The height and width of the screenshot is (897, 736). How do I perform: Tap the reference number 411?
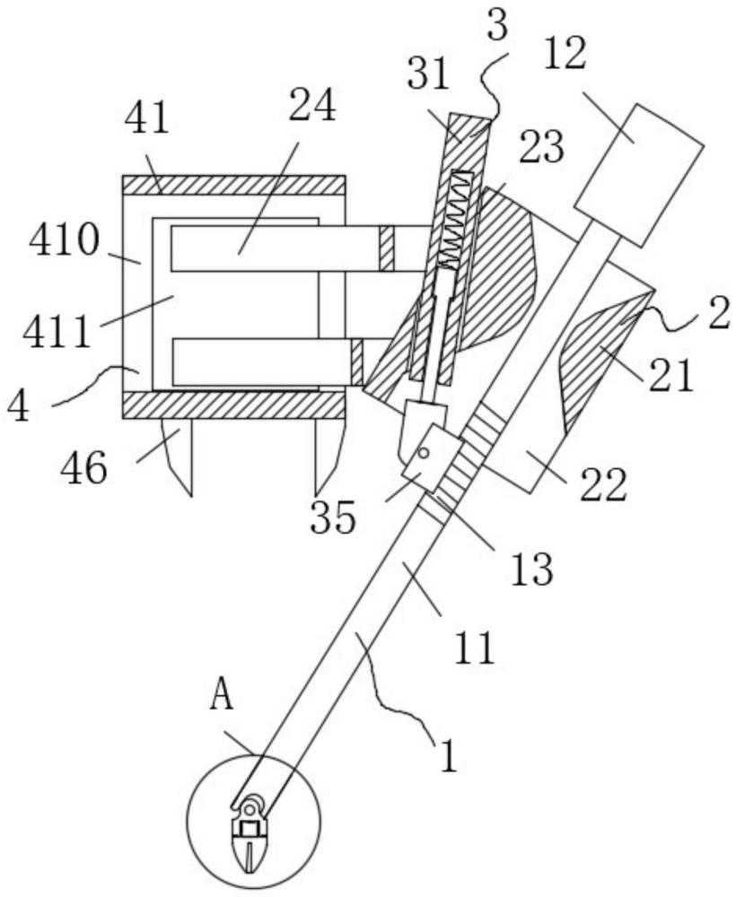pyautogui.click(x=57, y=333)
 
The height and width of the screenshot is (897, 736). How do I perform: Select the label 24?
pyautogui.click(x=311, y=105)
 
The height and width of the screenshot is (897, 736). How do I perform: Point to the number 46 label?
pyautogui.click(x=84, y=467)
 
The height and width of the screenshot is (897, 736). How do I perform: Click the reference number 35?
pyautogui.click(x=333, y=518)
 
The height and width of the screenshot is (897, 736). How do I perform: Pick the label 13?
pyautogui.click(x=532, y=569)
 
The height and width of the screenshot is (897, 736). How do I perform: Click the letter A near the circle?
pyautogui.click(x=222, y=696)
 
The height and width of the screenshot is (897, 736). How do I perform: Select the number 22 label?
pyautogui.click(x=603, y=485)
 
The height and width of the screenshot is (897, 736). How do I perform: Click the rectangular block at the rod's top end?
pyautogui.click(x=639, y=174)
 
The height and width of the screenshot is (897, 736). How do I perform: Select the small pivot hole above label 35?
pyautogui.click(x=424, y=453)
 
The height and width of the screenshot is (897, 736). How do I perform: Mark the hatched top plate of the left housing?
pyautogui.click(x=234, y=186)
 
